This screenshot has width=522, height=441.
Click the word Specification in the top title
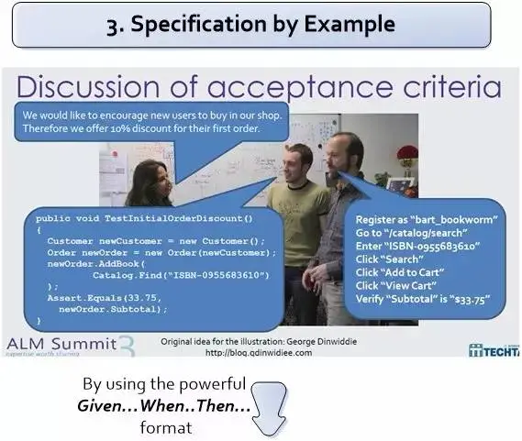200,25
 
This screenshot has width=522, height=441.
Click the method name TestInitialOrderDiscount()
179,218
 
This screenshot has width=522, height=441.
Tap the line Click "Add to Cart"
400,272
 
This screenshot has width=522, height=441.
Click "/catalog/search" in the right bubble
426,233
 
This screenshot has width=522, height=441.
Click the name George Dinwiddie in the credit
322,341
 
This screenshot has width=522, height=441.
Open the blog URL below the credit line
259,353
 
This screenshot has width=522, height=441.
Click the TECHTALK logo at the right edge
494,351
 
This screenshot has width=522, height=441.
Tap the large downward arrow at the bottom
268,409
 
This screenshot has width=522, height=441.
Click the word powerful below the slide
213,385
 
